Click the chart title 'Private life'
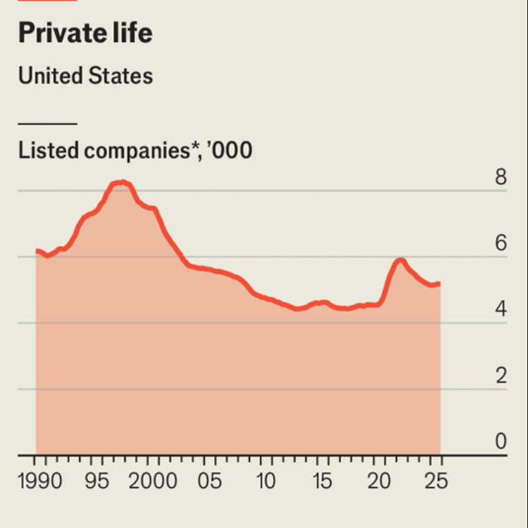85,33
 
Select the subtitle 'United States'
85,75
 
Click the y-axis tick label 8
500,178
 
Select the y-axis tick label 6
500,244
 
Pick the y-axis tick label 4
500,310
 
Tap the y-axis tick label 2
500,377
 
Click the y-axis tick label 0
500,443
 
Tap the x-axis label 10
267,480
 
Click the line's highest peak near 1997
122,182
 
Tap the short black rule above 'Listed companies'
47,124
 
